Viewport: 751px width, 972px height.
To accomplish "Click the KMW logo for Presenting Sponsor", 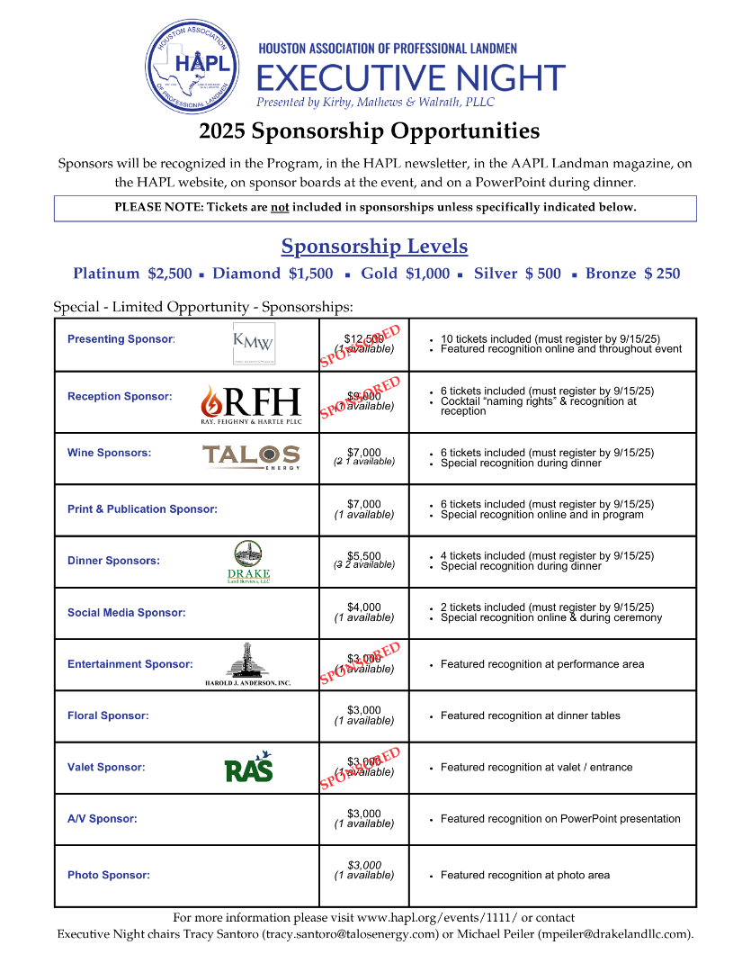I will click(254, 343).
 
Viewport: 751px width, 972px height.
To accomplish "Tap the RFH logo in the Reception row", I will click(251, 402).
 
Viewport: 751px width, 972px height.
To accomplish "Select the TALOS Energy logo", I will click(251, 456).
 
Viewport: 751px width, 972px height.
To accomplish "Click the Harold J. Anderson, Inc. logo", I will click(248, 665).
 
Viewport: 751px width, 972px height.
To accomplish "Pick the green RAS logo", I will click(248, 767).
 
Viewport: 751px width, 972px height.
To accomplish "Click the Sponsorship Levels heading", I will click(374, 246).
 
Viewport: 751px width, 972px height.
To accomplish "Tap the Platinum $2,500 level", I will click(132, 274).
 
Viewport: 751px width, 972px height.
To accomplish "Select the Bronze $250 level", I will click(632, 274).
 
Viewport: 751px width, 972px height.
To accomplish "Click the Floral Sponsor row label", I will click(108, 716).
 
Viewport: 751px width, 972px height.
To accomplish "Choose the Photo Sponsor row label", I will click(109, 875).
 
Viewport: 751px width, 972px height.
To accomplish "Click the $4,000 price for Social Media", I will click(364, 607).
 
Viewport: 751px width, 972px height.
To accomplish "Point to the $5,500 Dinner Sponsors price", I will click(364, 555).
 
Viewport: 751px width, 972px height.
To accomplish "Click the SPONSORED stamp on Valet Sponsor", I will click(361, 768).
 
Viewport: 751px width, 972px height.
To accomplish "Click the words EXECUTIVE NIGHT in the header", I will click(411, 77).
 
